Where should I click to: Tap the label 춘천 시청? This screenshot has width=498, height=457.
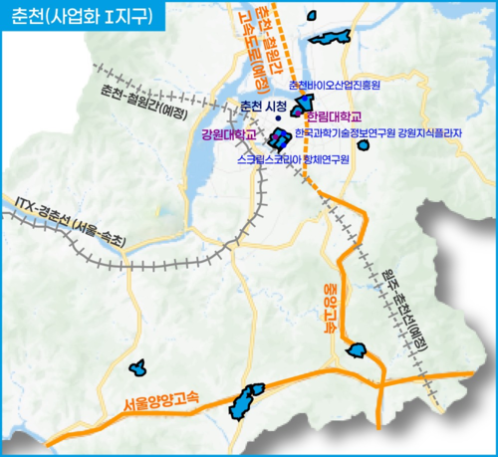[264, 107]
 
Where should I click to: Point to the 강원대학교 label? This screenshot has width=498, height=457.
[228, 133]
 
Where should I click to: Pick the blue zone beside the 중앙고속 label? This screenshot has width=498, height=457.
[357, 349]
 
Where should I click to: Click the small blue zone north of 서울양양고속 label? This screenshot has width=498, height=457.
[139, 368]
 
